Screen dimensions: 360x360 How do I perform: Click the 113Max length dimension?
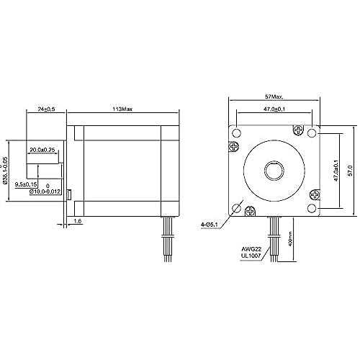pyautogui.click(x=119, y=110)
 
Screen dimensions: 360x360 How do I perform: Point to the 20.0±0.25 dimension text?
pyautogui.click(x=42, y=150)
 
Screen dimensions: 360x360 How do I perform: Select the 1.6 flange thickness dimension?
pyautogui.click(x=77, y=222)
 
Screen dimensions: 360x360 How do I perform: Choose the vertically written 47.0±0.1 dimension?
pyautogui.click(x=335, y=171)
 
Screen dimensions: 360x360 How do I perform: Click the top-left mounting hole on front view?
pyautogui.click(x=236, y=132)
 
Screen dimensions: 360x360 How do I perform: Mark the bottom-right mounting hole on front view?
pyautogui.click(x=311, y=208)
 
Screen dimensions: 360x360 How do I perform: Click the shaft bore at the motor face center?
pyautogui.click(x=274, y=171)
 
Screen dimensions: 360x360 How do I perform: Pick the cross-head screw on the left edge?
pyautogui.click(x=233, y=148)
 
